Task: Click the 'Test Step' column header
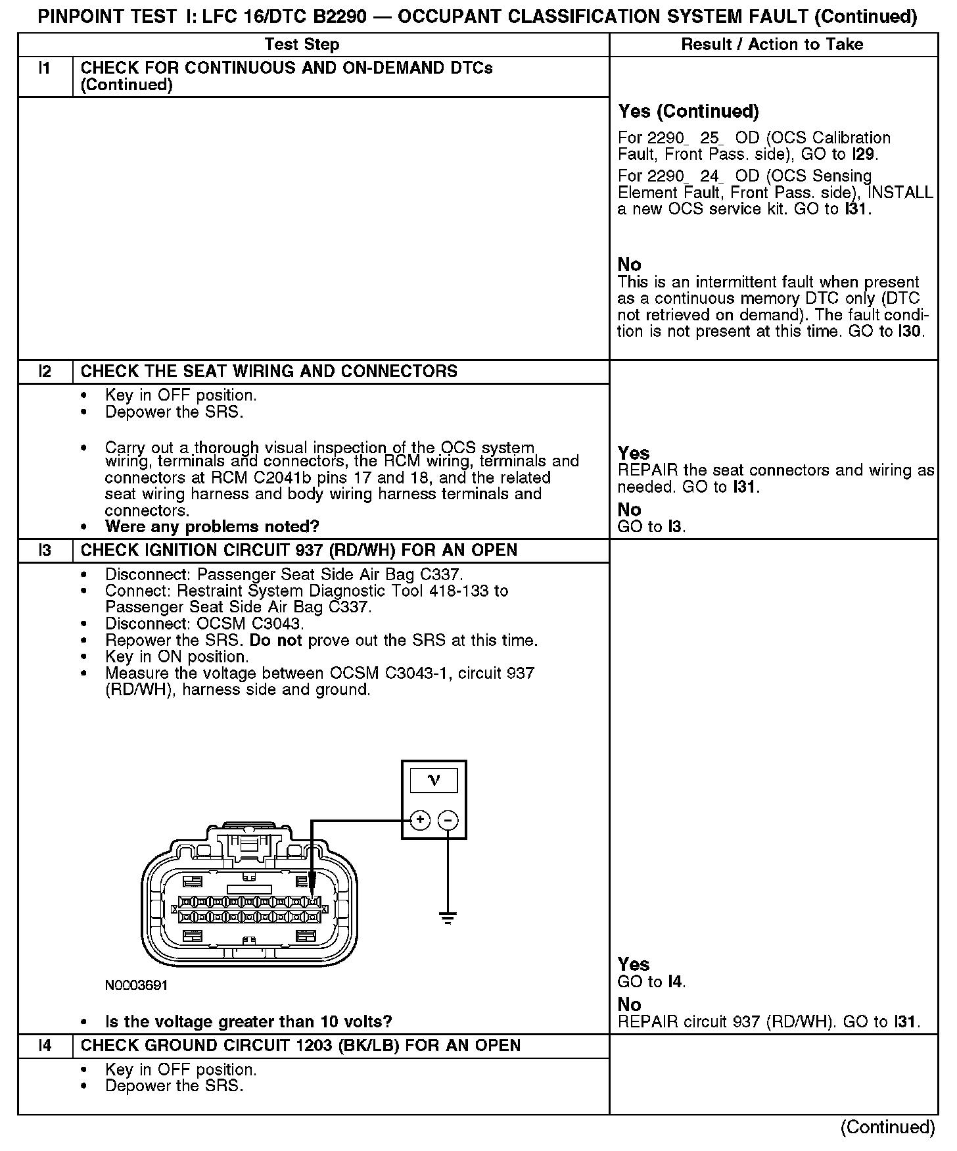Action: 302,45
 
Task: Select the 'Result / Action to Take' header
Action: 772,45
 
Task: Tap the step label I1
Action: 45,68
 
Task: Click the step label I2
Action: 45,372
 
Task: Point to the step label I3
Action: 45,551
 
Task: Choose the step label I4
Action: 45,1046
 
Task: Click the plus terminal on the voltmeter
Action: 420,820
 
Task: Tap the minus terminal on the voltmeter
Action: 448,820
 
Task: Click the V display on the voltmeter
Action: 434,781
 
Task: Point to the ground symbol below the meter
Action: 448,918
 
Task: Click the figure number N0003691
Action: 136,985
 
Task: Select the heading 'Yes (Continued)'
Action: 688,112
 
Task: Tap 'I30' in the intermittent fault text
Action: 911,331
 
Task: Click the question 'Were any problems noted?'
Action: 212,527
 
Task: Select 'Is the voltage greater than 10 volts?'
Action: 248,1021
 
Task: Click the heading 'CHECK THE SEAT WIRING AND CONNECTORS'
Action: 269,372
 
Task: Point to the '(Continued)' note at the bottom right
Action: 887,1127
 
